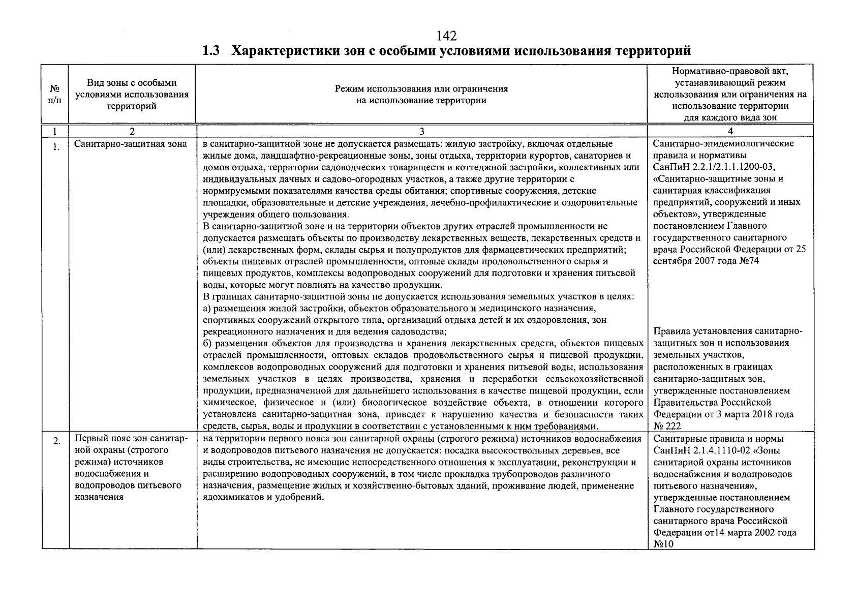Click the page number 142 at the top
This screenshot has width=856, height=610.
(x=447, y=36)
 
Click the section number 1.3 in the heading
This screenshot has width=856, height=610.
(x=210, y=51)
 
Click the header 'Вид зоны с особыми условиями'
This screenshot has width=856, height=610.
(x=132, y=95)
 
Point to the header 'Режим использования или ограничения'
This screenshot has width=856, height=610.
(x=421, y=95)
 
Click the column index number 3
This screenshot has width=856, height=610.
(x=421, y=132)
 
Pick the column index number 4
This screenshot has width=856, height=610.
(x=730, y=132)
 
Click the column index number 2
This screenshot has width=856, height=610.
(x=132, y=132)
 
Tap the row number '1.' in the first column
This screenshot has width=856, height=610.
(x=56, y=148)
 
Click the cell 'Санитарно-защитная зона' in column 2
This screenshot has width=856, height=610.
(x=131, y=144)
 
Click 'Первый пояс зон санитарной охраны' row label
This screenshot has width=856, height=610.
(x=131, y=444)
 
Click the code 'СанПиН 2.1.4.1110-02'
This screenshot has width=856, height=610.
(x=699, y=450)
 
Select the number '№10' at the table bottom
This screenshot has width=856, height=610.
(x=663, y=544)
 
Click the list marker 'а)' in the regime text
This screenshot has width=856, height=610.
(x=206, y=309)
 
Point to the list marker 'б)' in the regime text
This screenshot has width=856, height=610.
(x=206, y=344)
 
